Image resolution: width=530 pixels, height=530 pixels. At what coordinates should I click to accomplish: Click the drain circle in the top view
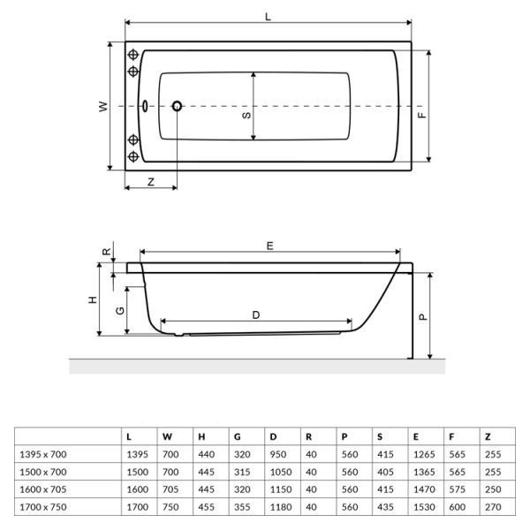point(177,106)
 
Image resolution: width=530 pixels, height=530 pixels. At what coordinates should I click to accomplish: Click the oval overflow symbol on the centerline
point(145,106)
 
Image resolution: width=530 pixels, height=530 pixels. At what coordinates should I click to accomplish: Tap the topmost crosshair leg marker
point(133,55)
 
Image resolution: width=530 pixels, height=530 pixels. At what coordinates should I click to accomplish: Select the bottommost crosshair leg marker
point(133,156)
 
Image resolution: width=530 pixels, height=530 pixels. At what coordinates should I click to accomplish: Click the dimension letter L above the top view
point(268,17)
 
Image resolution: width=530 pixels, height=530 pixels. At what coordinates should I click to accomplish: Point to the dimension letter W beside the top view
point(103,107)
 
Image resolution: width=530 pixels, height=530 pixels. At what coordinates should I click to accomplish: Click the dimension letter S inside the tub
point(246,115)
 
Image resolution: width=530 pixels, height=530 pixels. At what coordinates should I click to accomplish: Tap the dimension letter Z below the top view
point(151,182)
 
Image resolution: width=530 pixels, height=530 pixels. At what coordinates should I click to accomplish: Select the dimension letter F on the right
point(422,115)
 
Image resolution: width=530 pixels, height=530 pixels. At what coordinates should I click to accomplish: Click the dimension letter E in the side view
point(269,246)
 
